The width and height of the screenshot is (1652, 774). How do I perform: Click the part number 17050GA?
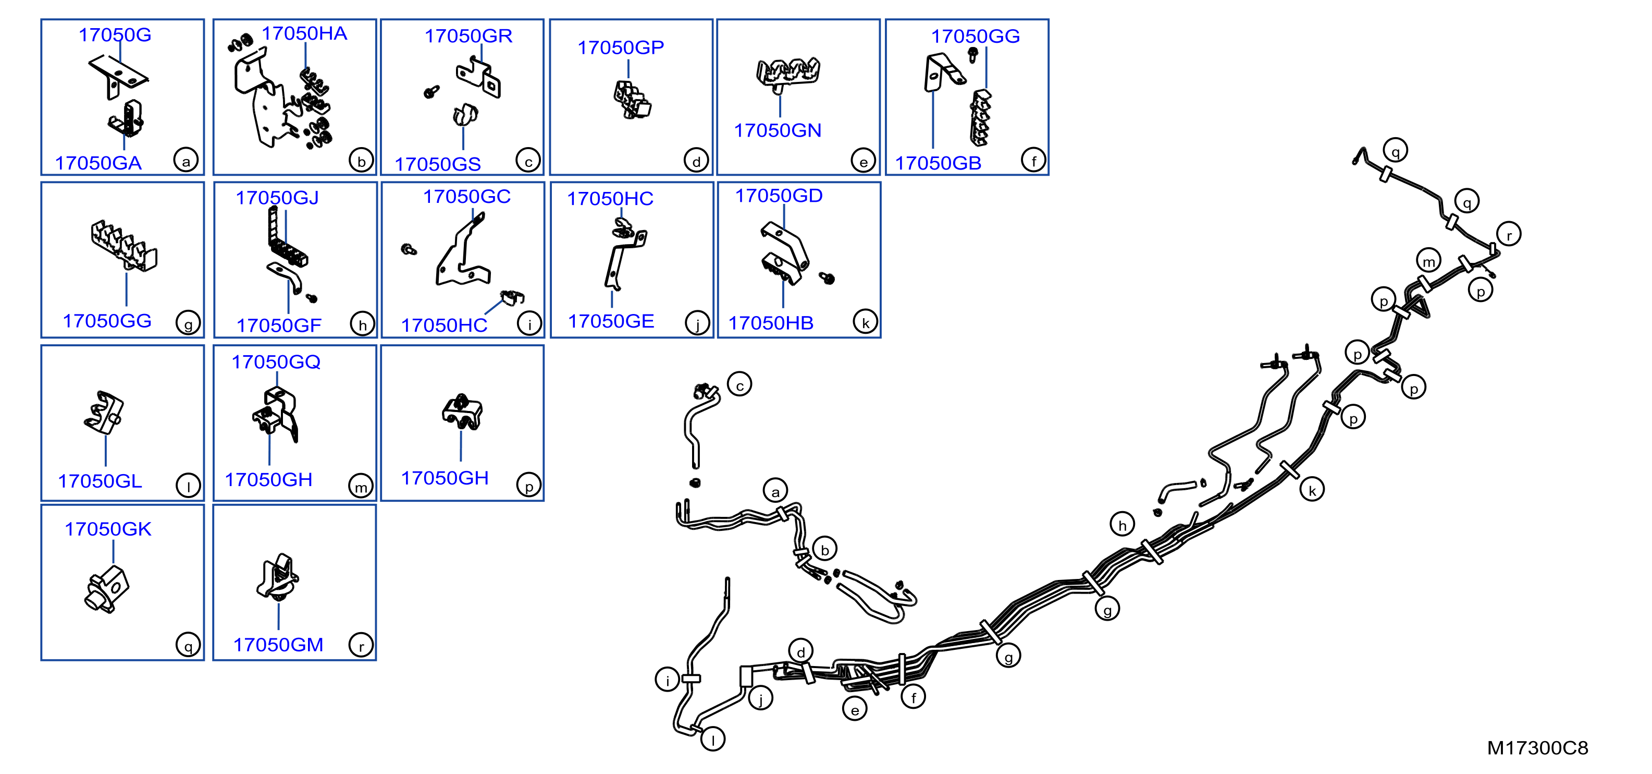pos(98,163)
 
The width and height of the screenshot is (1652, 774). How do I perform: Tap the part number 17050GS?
pos(437,164)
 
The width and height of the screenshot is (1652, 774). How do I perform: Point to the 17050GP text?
pos(620,47)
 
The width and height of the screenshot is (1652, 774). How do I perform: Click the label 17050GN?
pos(777,130)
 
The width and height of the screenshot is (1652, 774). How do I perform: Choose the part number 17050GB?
pos(938,163)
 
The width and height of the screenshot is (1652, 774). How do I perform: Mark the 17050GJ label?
pos(277,198)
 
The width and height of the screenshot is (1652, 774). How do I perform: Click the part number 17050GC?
pos(466,197)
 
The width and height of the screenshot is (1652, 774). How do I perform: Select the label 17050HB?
pos(770,323)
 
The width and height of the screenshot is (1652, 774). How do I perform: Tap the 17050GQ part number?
pos(276,362)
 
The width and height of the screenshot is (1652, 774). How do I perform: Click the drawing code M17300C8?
pos(1537,748)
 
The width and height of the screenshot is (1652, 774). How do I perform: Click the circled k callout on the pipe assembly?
pos(1312,490)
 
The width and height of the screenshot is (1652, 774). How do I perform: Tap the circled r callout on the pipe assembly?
pos(1509,234)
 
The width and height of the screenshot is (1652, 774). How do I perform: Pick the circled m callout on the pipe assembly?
pos(1428,261)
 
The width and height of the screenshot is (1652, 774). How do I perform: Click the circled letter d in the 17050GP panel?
pos(696,161)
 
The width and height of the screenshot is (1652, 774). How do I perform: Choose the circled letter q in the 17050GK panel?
pos(188,645)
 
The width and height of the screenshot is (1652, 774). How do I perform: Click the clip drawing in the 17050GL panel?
pos(104,412)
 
